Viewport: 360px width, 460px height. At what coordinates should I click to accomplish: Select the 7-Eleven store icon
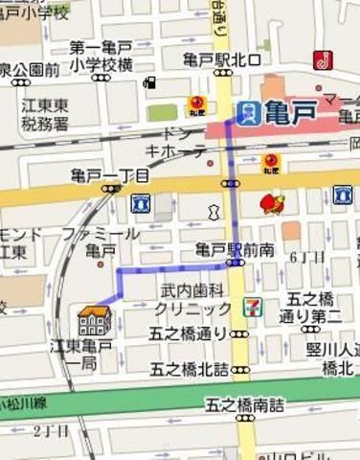pos(250,308)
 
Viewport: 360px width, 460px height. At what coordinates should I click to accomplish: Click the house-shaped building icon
pos(94,320)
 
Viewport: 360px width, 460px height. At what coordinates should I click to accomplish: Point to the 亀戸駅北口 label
pos(222,59)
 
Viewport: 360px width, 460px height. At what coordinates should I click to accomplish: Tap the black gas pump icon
pos(149,82)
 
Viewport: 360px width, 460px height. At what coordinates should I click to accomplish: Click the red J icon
pos(323,60)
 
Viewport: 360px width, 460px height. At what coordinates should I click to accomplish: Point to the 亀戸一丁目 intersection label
pos(109,175)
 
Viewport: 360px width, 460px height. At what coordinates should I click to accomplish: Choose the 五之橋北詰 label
pos(190,369)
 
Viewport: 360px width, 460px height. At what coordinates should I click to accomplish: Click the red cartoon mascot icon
pos(272,204)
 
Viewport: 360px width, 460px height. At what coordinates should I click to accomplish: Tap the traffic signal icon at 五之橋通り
pos(239,334)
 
